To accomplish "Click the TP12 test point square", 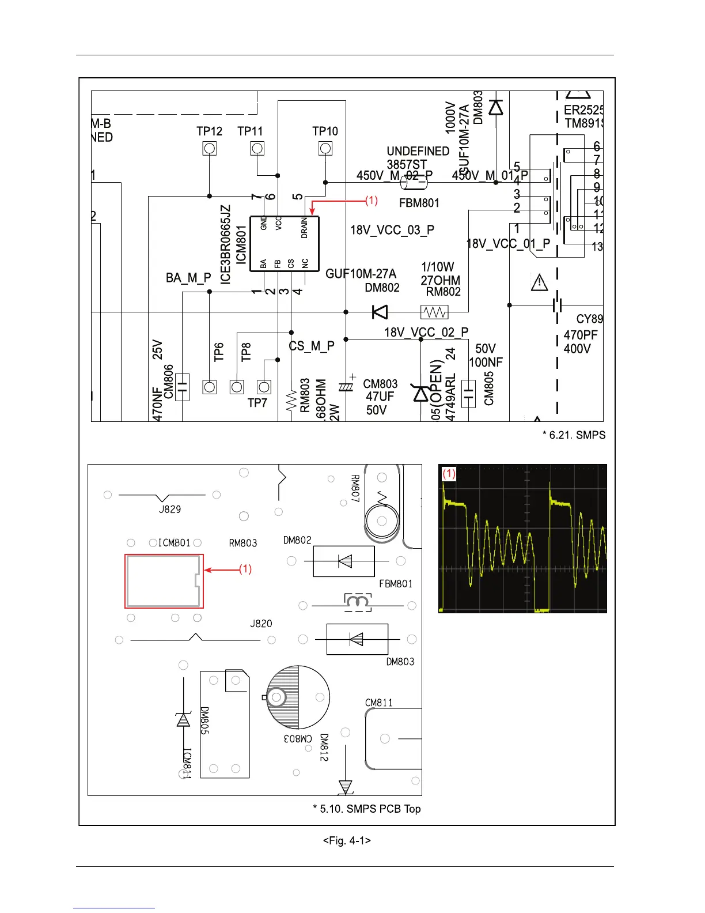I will (x=210, y=149).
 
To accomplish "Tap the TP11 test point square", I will (x=257, y=149).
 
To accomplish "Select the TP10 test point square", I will (x=325, y=149).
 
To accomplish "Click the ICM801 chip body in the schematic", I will (x=284, y=243).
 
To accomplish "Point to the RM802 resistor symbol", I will (x=434, y=312).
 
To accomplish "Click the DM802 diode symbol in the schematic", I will (x=380, y=312).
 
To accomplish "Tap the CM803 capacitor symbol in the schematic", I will (x=346, y=387).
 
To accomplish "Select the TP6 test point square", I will (x=210, y=387).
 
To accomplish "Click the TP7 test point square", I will (x=264, y=387).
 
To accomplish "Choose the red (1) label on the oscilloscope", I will (x=449, y=474).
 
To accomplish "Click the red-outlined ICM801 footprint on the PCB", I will (x=164, y=581).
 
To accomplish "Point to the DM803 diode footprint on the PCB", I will (x=357, y=639).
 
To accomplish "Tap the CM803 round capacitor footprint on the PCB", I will (x=298, y=697).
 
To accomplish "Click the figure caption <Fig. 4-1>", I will (x=347, y=841).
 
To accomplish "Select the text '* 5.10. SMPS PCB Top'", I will (x=366, y=809).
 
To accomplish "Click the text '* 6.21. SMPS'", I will (x=574, y=435).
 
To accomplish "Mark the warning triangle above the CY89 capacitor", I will (x=539, y=282).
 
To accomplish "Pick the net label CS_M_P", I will (x=312, y=346).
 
